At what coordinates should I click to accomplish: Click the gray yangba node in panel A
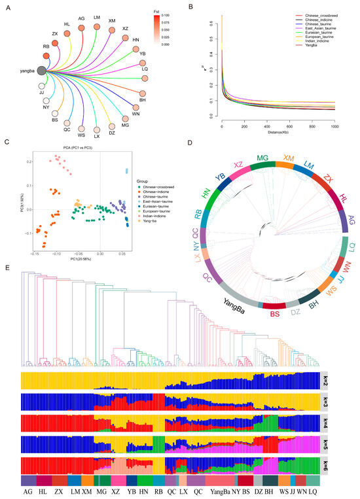(x=42, y=70)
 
